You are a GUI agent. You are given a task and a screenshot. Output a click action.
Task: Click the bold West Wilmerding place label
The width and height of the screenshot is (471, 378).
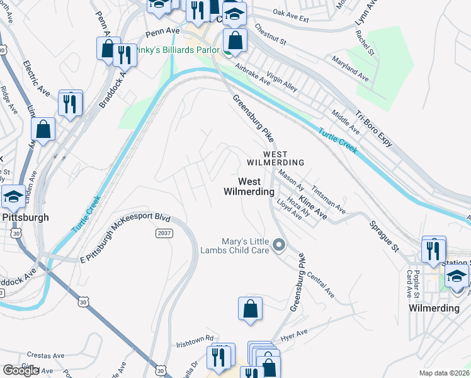[249, 186]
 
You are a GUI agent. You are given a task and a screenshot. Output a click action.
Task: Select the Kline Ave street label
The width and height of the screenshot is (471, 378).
[313, 207]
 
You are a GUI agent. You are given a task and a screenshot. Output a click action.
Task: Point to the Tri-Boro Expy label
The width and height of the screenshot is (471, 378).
[374, 126]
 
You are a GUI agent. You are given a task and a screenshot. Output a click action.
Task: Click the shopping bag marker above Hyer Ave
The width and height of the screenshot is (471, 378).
[250, 309]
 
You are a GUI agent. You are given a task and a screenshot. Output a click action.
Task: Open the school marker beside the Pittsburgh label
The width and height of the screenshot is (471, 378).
[13, 197]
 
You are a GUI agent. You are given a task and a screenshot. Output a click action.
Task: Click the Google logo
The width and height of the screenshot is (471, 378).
[21, 370]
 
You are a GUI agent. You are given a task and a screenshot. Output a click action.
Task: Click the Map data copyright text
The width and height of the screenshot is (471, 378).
[445, 373]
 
